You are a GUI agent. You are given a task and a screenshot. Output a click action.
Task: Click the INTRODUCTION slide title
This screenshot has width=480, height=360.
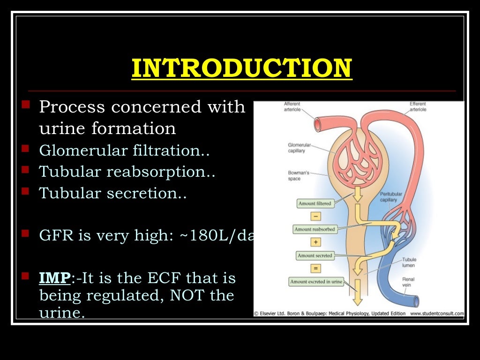point(241,68)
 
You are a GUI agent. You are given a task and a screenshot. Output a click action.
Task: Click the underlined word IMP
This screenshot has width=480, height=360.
point(55,278)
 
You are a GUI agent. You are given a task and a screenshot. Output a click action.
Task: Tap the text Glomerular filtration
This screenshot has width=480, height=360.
point(124,151)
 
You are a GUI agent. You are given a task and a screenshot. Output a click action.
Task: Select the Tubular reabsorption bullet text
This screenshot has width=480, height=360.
point(127,172)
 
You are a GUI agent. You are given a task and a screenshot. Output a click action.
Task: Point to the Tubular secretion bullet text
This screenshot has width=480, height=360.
point(112,193)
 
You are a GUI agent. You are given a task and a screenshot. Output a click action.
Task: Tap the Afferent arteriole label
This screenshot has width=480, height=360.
point(292,107)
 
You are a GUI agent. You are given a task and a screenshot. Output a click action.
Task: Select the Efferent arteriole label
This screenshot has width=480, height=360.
point(418,107)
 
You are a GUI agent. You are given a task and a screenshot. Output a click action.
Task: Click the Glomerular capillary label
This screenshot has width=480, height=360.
point(296,148)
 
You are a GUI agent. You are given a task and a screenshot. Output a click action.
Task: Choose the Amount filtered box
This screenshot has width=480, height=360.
point(315,203)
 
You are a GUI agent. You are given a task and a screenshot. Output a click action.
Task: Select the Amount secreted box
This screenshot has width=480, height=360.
point(315,255)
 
